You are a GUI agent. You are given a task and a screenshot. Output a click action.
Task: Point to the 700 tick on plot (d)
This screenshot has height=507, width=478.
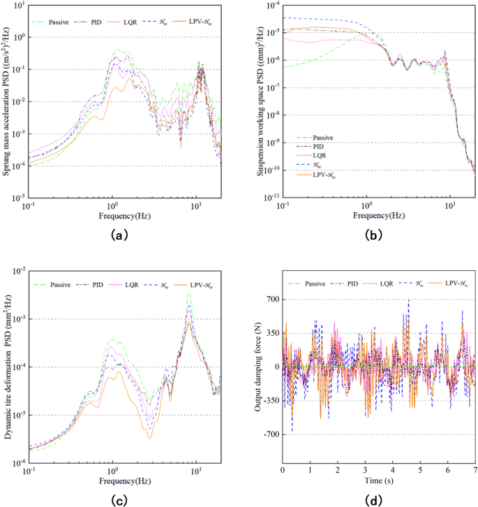point(271,299)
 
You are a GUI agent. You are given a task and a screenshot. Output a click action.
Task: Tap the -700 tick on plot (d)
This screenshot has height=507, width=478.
point(269,434)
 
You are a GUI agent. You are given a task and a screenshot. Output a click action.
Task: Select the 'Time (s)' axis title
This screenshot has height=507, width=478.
point(378,480)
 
